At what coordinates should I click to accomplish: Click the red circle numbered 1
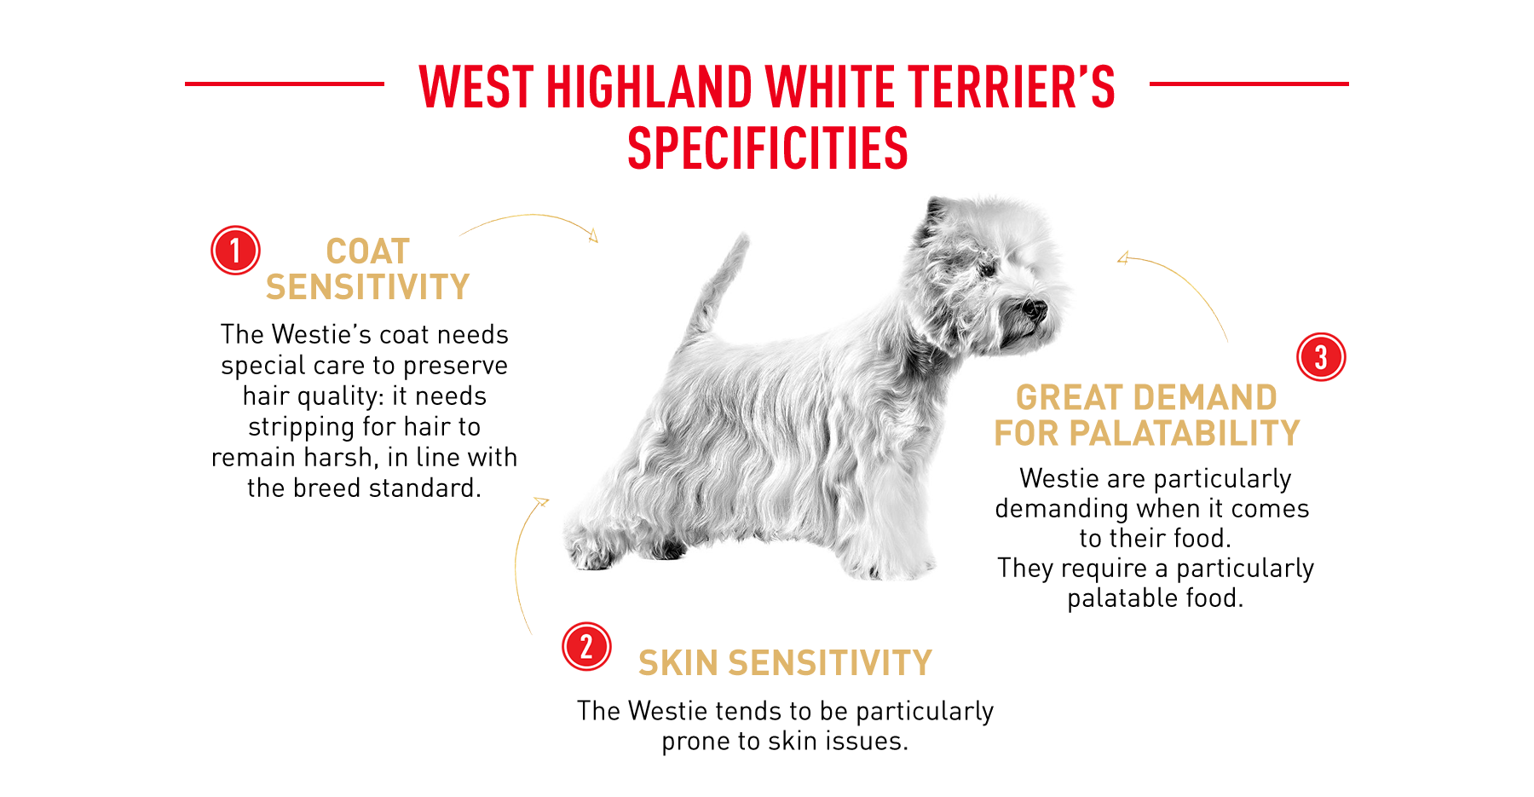coord(235,251)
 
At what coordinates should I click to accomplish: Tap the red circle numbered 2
coord(586,646)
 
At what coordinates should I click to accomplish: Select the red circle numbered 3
coord(1321,356)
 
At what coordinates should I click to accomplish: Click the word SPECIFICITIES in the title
coord(768,148)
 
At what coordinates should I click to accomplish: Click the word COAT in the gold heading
coord(368,251)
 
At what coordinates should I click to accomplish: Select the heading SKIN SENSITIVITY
coord(785,663)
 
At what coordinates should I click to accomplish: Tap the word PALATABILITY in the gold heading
coord(1184,433)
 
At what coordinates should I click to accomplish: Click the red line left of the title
coord(285,84)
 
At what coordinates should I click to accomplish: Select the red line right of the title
coord(1249,84)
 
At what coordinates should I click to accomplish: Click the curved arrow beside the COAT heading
coord(533,216)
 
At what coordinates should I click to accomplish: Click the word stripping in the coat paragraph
coord(302,427)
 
